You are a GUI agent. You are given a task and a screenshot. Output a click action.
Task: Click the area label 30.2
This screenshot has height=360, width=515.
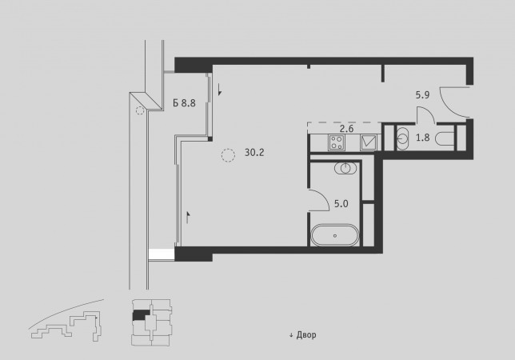254,153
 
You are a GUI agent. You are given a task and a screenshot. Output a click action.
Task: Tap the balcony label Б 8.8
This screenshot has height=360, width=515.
184,103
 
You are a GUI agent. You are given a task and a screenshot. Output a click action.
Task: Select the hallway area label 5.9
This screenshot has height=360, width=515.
422,95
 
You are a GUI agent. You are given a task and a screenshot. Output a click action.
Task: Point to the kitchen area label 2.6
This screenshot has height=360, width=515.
346,129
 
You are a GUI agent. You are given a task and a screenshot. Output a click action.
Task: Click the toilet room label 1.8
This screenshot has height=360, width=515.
423,138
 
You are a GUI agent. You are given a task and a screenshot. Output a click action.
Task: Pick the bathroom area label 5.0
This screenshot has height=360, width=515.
341,204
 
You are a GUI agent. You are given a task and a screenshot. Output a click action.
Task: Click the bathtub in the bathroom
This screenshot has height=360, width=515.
335,235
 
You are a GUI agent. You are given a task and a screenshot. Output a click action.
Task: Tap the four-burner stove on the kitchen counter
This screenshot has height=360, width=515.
337,142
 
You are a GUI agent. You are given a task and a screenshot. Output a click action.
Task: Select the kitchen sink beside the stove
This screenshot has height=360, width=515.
369,142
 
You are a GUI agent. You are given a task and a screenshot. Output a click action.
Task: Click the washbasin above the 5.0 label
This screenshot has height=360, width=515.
345,168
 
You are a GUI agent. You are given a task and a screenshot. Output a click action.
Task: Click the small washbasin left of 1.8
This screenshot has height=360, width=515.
403,138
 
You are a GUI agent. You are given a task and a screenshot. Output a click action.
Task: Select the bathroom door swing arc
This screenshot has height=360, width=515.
325,196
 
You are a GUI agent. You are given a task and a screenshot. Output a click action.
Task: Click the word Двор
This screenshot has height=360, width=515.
306,335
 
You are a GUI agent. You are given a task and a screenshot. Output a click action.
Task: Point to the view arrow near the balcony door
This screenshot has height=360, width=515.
219,90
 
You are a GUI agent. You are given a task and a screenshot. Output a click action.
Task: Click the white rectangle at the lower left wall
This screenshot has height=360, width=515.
162,254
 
